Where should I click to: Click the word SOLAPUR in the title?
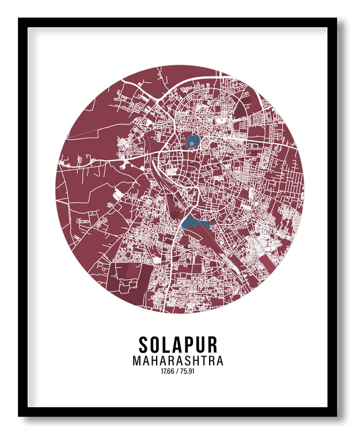point(178,345)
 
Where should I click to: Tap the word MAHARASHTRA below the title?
point(178,361)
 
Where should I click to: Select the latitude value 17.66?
point(168,372)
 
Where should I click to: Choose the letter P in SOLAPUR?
point(190,345)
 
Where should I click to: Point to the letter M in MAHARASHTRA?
point(137,361)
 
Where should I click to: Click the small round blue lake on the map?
point(191,140)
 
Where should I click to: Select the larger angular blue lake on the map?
point(192,223)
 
